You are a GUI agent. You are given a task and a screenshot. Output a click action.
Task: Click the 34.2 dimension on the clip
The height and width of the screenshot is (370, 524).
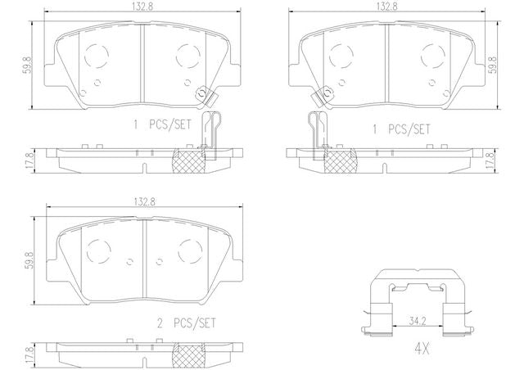point(418,321)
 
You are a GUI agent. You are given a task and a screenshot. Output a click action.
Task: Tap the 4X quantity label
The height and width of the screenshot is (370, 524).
point(422,349)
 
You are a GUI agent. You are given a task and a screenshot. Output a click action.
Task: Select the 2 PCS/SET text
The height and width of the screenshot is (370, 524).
point(187,323)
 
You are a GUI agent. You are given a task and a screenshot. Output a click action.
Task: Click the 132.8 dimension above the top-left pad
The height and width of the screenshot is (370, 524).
point(143,7)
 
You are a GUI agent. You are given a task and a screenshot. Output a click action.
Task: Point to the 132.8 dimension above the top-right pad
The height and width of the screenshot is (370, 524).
point(387,7)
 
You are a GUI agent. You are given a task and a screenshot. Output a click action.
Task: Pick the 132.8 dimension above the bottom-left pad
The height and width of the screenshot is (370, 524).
point(145,201)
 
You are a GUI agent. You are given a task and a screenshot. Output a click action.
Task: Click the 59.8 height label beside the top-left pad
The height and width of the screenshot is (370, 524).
point(27,65)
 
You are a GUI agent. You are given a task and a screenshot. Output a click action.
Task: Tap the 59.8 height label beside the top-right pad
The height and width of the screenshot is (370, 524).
point(494,65)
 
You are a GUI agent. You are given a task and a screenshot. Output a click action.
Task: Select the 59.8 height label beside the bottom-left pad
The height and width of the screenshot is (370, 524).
point(29,260)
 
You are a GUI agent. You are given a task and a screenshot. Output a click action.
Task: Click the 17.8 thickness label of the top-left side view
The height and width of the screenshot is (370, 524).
point(29,160)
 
